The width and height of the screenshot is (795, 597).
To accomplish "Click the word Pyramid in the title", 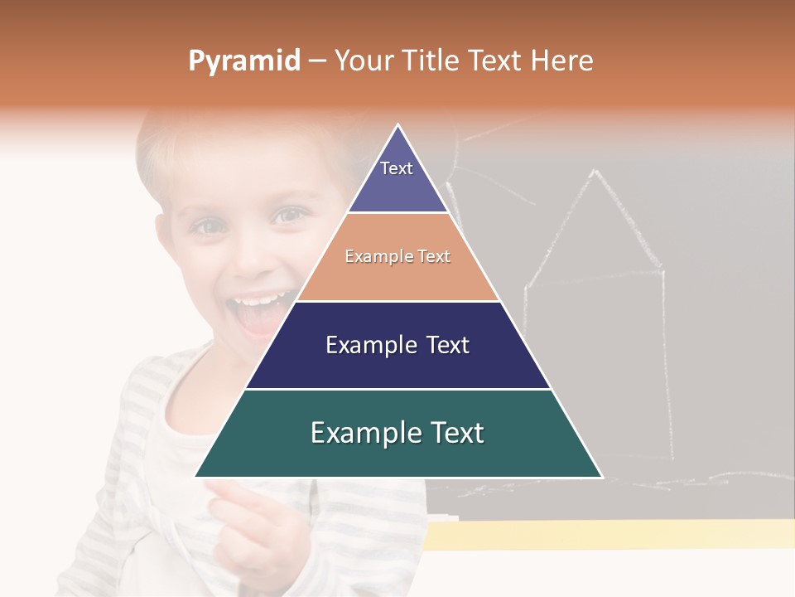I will (243, 61).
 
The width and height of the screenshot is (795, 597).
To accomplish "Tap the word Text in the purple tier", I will (397, 168).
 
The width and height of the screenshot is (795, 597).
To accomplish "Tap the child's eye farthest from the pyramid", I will (209, 226).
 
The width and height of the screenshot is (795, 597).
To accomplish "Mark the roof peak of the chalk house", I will (595, 172).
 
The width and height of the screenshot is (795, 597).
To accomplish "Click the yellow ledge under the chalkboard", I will (609, 535).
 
